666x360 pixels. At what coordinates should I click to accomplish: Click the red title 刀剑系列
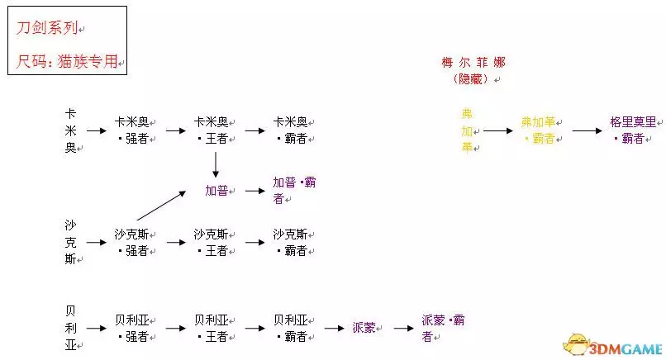tap(48, 28)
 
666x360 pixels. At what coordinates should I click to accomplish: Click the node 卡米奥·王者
tap(213, 130)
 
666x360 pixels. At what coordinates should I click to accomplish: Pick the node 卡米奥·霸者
tap(293, 130)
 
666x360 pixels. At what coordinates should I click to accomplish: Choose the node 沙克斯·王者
tap(213, 242)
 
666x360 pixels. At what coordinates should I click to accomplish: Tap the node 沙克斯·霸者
tap(293, 242)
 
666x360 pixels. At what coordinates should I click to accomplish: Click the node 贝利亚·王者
tap(213, 328)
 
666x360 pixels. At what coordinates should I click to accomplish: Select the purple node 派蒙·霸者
tap(444, 328)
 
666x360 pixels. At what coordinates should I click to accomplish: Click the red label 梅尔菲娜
tap(473, 63)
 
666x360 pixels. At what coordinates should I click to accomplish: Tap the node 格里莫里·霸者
tap(634, 130)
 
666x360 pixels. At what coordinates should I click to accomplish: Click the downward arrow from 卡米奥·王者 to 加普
tap(215, 163)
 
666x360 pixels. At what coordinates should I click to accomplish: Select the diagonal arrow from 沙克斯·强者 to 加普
tap(160, 206)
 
